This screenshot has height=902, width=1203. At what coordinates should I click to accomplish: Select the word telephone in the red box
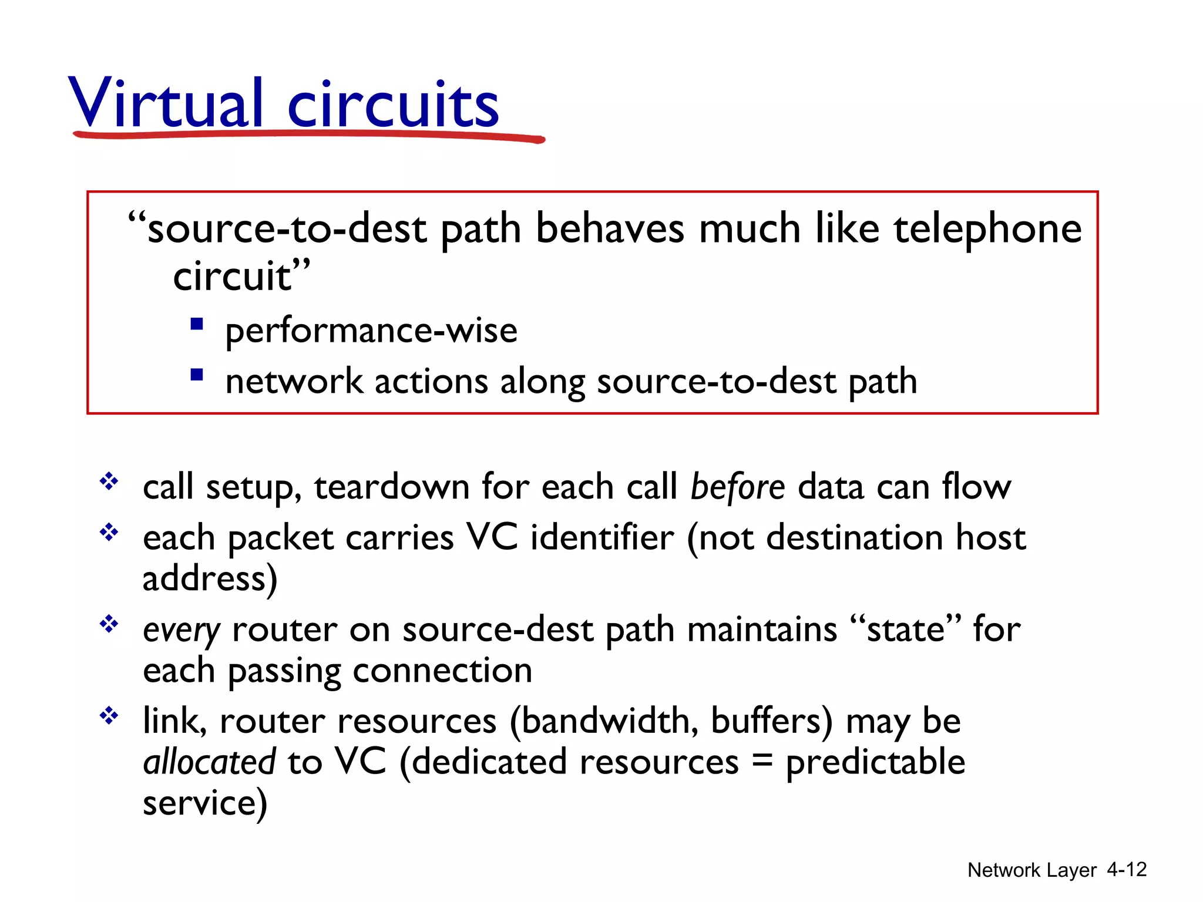[987, 230]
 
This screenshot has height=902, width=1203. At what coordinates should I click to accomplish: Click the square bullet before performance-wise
[197, 325]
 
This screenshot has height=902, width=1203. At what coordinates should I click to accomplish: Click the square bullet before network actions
[197, 375]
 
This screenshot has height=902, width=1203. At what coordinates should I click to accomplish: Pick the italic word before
[737, 487]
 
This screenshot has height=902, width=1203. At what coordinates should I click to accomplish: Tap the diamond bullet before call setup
[109, 482]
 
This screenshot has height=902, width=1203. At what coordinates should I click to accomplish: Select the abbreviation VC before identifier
[492, 538]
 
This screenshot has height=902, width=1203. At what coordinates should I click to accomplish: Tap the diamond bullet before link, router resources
[109, 716]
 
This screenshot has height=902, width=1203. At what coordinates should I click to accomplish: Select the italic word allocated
[209, 762]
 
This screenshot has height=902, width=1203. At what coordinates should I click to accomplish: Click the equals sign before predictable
[762, 761]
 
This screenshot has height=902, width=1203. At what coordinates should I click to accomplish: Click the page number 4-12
[1126, 870]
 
